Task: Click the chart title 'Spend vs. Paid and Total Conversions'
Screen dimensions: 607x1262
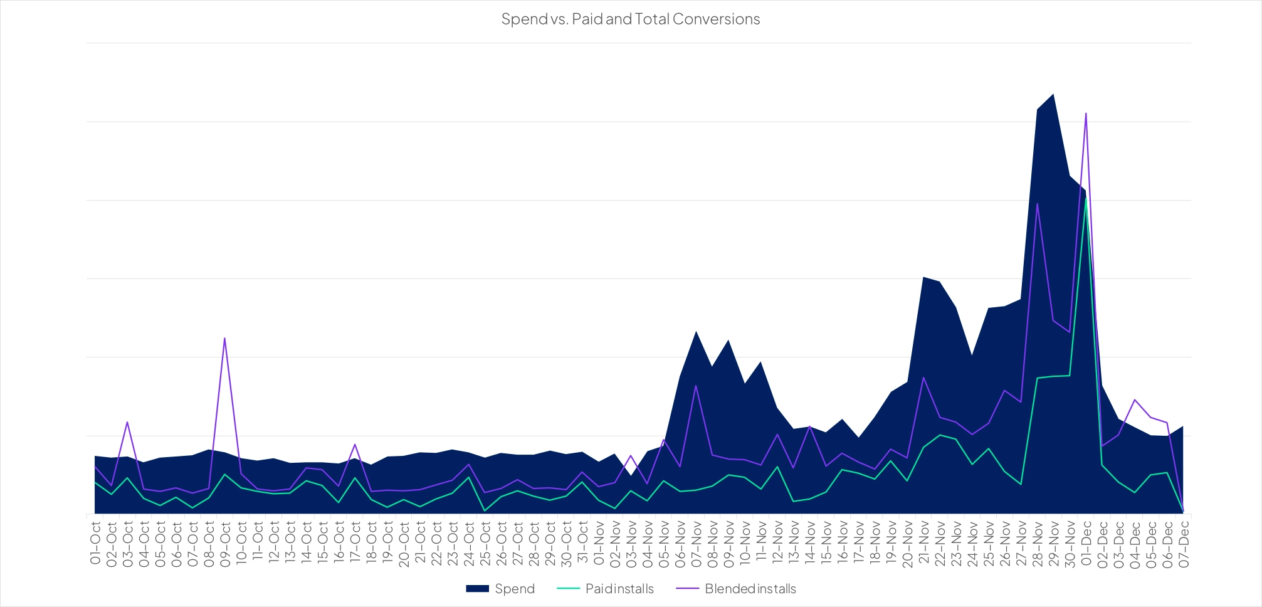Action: point(630,19)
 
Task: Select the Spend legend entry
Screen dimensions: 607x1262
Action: point(500,589)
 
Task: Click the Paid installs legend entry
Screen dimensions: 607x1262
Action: point(606,589)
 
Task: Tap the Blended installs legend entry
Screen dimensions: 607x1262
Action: point(736,589)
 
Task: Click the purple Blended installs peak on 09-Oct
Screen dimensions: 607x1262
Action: point(224,338)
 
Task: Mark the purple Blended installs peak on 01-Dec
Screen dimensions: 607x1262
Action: point(1086,113)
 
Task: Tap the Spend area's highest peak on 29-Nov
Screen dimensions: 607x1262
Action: point(1053,94)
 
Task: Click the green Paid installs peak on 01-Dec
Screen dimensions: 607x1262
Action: point(1086,199)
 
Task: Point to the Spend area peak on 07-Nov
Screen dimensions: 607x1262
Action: point(696,331)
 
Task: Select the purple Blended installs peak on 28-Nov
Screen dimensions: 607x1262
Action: point(1038,203)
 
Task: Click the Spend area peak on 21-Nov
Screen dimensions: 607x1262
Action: point(923,277)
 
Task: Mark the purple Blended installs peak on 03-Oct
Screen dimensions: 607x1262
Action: point(127,421)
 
